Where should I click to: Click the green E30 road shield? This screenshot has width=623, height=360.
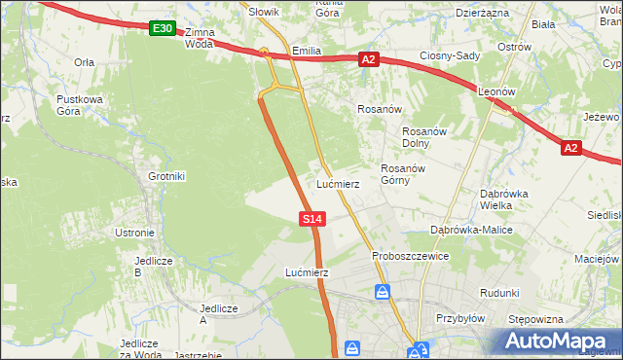(163, 29)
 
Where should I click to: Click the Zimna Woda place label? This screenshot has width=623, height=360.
(198, 37)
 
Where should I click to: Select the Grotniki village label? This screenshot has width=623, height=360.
(166, 176)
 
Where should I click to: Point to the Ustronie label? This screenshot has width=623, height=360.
(135, 233)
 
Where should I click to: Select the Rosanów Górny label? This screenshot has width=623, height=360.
(400, 173)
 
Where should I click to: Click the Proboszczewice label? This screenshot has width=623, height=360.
(410, 256)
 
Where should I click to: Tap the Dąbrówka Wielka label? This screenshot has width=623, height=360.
(503, 198)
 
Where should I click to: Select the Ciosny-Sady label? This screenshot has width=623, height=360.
(450, 55)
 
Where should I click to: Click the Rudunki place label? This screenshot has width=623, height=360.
(499, 292)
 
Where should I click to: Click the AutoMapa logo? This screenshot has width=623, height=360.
(556, 342)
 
